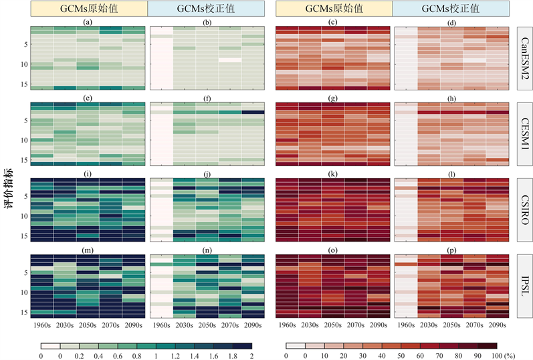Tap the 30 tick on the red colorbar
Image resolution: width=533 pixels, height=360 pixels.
[x=362, y=355]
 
